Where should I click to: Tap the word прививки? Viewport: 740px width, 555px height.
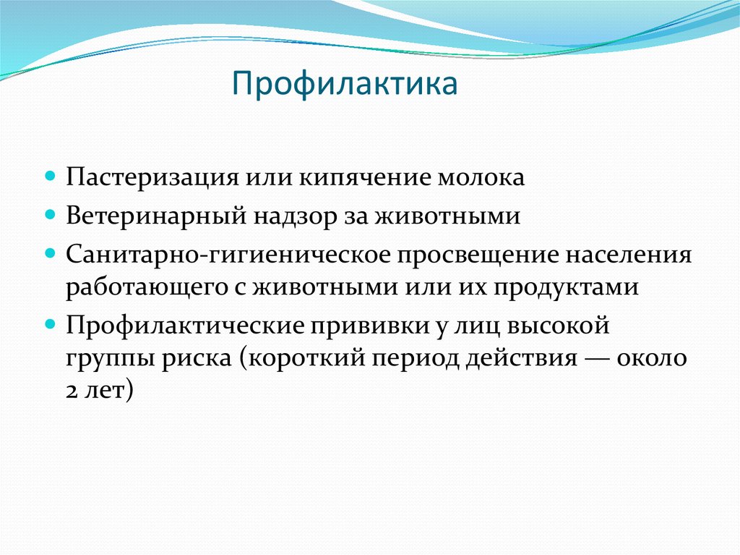(x=359, y=326)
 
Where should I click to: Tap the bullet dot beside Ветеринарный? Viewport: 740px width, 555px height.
(x=51, y=216)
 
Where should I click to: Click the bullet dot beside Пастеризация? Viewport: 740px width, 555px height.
(x=51, y=177)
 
